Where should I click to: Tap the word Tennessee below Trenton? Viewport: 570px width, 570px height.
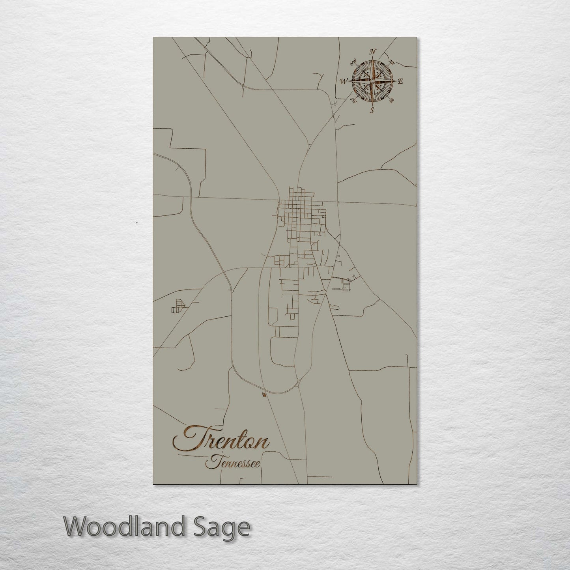(233, 462)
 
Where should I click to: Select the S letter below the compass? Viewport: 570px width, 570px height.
(372, 110)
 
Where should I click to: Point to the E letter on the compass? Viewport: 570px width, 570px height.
(400, 82)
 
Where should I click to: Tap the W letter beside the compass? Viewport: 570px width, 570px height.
(344, 81)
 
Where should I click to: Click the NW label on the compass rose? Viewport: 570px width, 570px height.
(353, 61)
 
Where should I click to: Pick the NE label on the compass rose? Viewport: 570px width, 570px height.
(392, 62)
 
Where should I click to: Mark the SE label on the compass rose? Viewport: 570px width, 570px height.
(391, 101)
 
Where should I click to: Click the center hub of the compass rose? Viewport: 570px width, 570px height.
(372, 81)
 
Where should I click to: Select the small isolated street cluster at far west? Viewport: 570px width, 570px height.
(178, 305)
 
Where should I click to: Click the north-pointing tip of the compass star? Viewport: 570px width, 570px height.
(372, 59)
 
